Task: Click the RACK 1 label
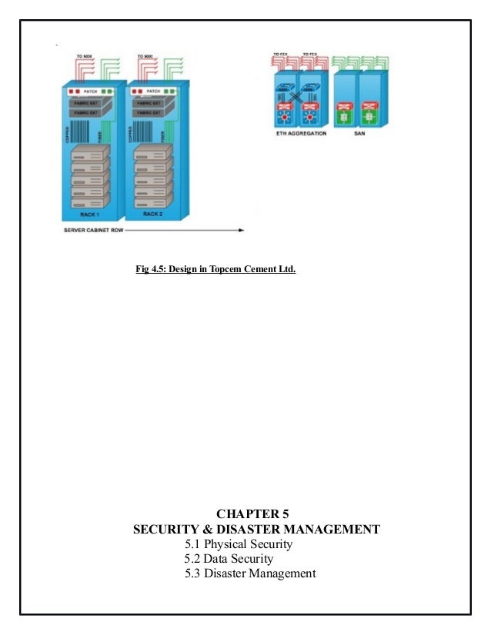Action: (x=91, y=215)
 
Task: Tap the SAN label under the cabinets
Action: (x=360, y=133)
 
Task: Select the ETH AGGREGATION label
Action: (x=301, y=133)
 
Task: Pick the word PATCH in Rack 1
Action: (x=90, y=91)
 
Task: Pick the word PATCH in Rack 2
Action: (x=154, y=91)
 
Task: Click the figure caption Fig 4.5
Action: (x=215, y=270)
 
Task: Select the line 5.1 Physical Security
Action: (x=239, y=544)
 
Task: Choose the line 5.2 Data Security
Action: (x=229, y=559)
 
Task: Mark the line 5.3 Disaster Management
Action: (x=250, y=573)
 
